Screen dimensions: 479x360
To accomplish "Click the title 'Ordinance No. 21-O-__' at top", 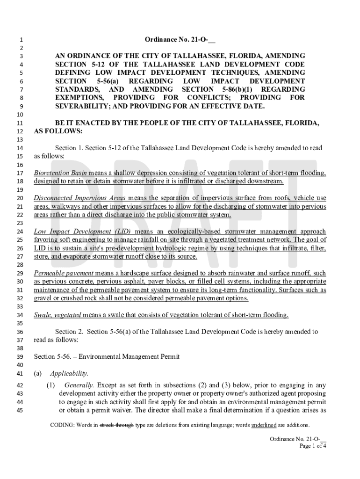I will point(180,40).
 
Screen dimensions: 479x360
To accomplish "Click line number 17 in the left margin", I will point(20,173).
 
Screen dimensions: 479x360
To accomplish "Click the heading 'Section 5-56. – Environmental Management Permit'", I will point(107,357).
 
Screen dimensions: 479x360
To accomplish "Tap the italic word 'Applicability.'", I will point(69,374).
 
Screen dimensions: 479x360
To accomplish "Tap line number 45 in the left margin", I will point(20,411).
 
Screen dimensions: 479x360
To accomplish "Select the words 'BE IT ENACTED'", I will point(80,123).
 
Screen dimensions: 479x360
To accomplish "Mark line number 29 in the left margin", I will point(20,273).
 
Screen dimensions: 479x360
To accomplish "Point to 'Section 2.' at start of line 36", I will point(69,332).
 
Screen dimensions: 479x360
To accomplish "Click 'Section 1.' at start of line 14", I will point(69,148).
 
